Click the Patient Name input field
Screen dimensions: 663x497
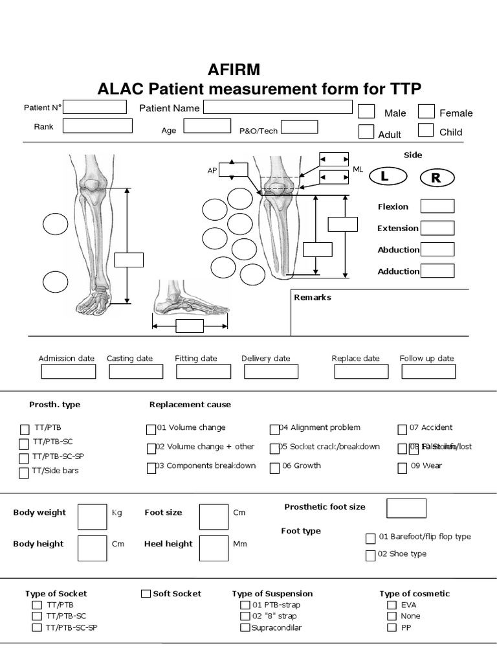pos(278,107)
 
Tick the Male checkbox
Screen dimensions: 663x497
pos(366,111)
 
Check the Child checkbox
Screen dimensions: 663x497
pos(426,130)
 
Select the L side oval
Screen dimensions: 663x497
pos(384,176)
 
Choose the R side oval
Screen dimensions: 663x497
pos(437,178)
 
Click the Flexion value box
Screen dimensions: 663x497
pos(437,207)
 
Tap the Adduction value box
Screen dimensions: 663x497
pos(437,271)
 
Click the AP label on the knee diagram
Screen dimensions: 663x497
pos(212,170)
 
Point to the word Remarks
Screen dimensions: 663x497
pos(313,297)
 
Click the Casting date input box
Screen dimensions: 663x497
pos(136,372)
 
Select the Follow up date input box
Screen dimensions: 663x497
pos(428,372)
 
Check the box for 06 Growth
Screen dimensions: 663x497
pos(275,467)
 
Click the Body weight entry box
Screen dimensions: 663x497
pos(92,516)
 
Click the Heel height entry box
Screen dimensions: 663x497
pos(214,548)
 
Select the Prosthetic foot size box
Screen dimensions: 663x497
pos(406,508)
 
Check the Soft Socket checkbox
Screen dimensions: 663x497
pos(146,594)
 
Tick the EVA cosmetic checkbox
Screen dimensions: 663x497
pos(392,605)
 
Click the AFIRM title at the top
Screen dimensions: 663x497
pos(234,69)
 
